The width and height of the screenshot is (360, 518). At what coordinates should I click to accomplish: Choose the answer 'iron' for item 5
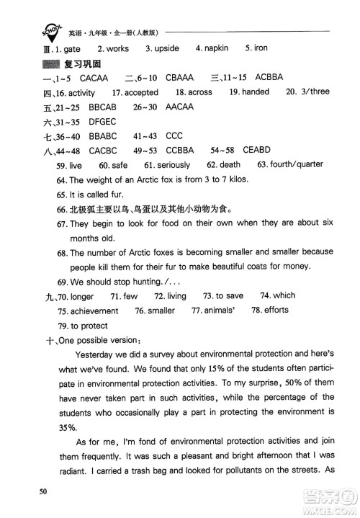pos(261,48)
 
